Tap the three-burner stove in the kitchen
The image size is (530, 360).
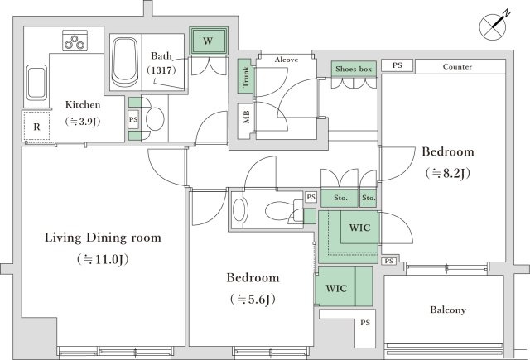(75, 41)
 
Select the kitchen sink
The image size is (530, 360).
(36, 83)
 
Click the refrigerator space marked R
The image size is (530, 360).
(36, 127)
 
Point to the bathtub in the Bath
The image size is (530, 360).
(125, 62)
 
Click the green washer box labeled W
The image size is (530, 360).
(208, 41)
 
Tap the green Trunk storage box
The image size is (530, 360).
(245, 76)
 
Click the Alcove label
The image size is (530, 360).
(287, 60)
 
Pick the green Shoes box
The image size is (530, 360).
(354, 70)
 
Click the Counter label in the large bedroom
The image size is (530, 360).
(457, 66)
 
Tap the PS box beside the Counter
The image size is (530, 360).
(397, 65)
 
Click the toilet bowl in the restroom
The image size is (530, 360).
(278, 211)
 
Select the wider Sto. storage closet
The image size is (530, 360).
(340, 198)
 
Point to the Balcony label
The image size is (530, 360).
(448, 310)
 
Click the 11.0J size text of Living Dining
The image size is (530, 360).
(103, 259)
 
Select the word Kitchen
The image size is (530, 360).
(83, 104)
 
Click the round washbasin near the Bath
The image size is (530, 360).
(155, 119)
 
